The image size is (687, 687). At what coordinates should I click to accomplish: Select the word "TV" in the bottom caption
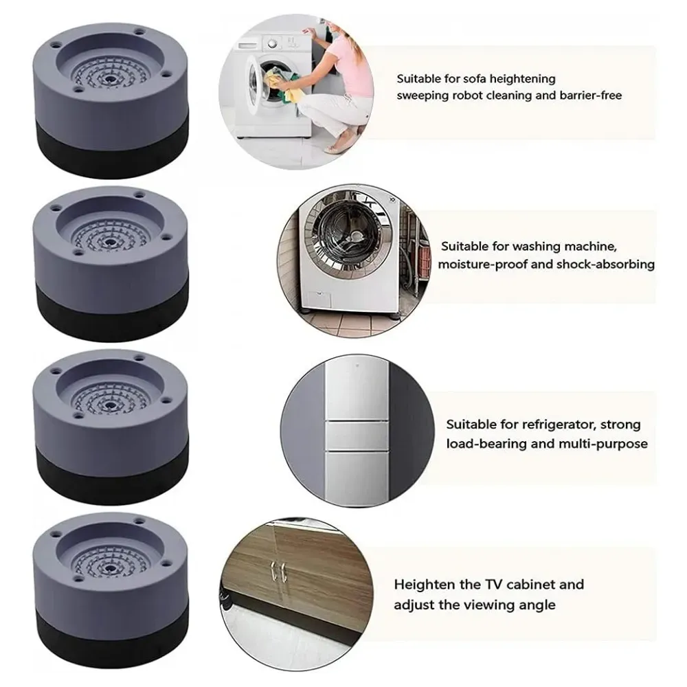(x=493, y=585)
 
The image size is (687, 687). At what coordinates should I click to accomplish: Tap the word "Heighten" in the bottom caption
(x=425, y=585)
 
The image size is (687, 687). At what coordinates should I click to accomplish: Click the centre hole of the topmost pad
(x=109, y=80)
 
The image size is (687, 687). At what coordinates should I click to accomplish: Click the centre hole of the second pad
(x=109, y=241)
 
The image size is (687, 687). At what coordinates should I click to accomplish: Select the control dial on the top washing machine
(x=273, y=43)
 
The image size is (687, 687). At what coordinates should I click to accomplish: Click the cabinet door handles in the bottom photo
(x=277, y=572)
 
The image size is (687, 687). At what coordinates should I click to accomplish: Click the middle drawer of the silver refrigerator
(x=357, y=436)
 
